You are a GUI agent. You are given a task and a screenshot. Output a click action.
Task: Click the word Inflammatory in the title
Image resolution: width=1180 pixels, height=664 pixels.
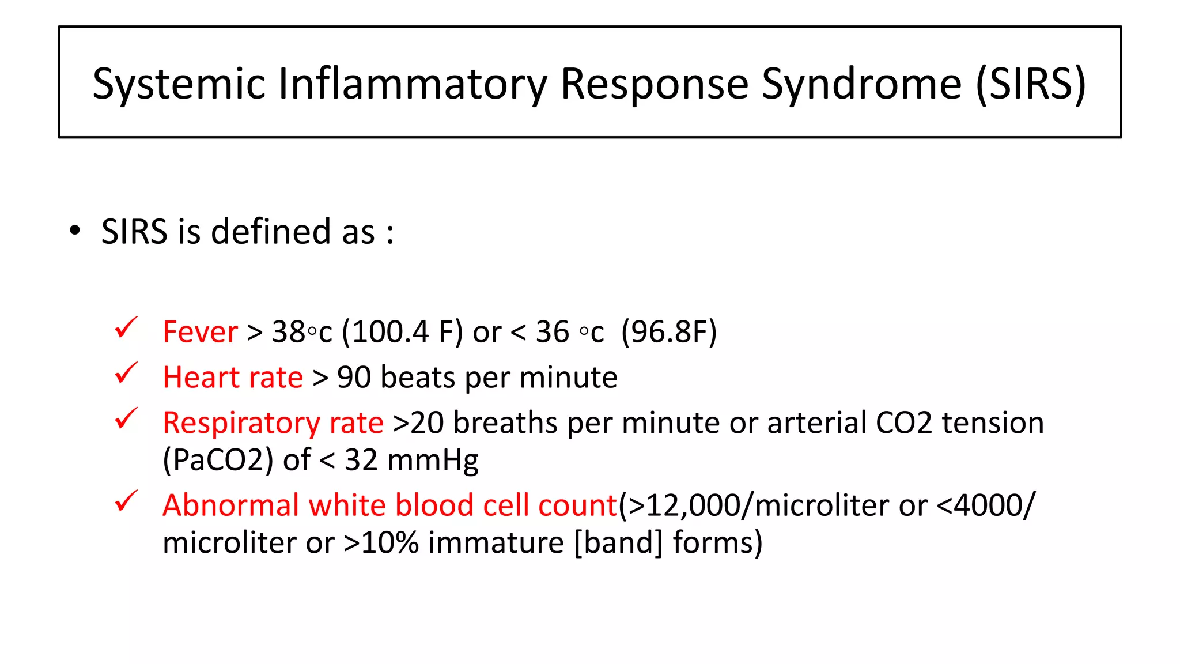click(413, 84)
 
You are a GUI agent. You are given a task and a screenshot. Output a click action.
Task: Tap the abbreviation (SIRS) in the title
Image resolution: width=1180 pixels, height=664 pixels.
click(1030, 84)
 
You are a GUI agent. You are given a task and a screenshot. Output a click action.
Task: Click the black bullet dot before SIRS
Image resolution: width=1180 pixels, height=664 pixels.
click(74, 231)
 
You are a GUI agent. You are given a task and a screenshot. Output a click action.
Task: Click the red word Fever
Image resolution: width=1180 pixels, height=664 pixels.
click(200, 332)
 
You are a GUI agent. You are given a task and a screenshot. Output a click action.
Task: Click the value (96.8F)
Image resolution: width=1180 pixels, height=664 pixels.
click(669, 332)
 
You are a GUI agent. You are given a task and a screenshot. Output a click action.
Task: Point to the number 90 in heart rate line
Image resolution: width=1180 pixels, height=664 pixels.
click(354, 378)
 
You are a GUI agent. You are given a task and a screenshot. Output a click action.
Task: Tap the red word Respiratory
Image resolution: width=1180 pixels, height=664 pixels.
click(241, 423)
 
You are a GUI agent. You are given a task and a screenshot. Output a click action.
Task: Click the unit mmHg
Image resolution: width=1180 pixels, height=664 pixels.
click(433, 461)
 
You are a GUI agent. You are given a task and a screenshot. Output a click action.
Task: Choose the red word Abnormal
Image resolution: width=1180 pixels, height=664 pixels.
click(230, 505)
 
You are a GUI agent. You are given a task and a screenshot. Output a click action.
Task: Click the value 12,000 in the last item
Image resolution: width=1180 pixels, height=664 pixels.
click(694, 505)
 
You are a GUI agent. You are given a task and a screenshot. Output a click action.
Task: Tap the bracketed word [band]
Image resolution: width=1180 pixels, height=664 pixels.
click(618, 543)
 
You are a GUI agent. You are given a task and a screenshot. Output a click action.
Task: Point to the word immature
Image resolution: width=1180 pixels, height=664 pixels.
click(496, 543)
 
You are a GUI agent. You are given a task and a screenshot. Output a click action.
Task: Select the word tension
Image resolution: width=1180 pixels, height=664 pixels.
click(993, 423)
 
